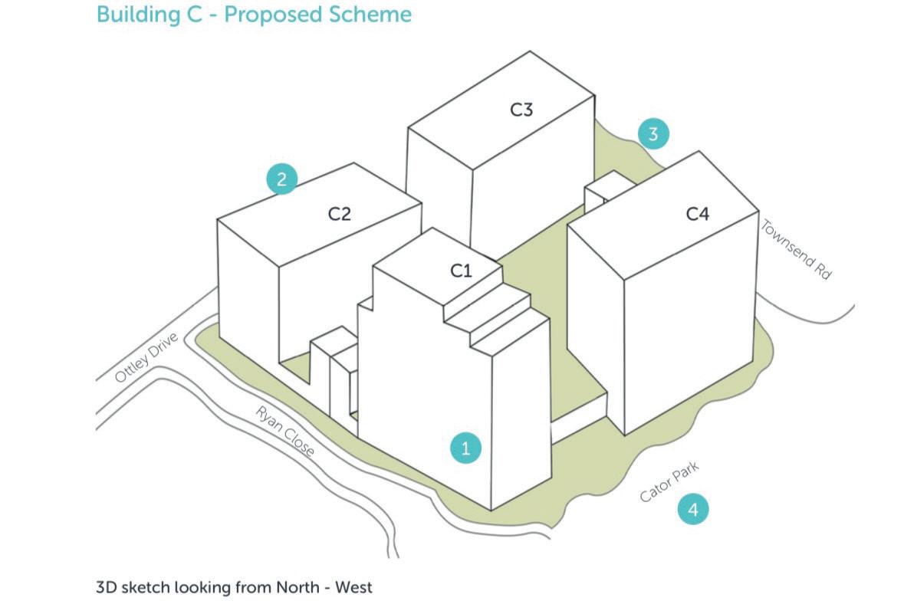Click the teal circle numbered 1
click(x=465, y=448)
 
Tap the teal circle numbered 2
click(x=282, y=179)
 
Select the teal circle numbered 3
click(x=653, y=134)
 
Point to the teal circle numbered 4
click(x=692, y=509)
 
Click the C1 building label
click(x=461, y=271)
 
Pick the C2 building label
click(x=340, y=215)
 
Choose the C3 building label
click(x=521, y=110)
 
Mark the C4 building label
click(x=697, y=215)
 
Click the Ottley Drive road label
click(x=146, y=358)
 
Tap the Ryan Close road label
click(x=285, y=432)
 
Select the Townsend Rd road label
click(x=795, y=250)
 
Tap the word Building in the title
click(x=134, y=15)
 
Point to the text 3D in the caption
click(x=106, y=588)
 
